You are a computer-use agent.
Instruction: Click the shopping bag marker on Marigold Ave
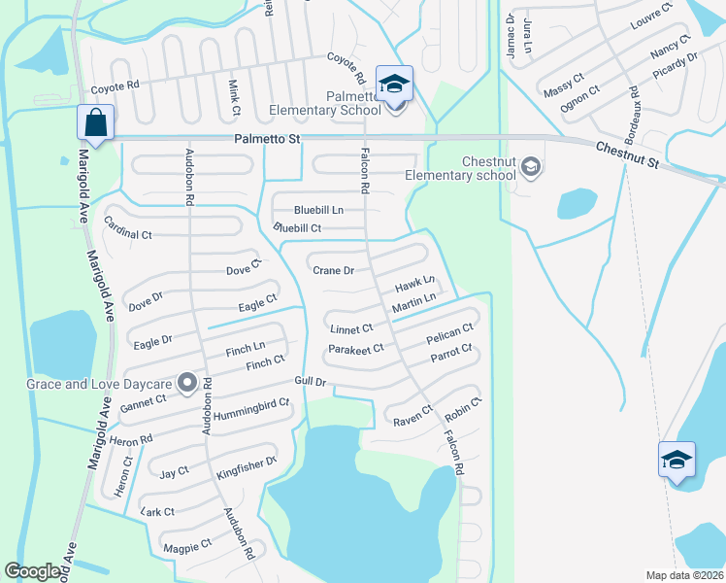96,123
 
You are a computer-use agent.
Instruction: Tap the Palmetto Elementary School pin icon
394,85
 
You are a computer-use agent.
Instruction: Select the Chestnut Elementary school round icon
530,167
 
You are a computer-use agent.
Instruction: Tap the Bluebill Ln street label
319,210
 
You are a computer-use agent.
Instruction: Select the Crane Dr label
333,270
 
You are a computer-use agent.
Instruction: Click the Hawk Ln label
413,287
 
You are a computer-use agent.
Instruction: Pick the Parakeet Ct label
356,348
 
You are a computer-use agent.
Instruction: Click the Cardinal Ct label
128,234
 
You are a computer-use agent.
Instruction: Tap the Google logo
33,571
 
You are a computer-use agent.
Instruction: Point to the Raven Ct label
412,415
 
